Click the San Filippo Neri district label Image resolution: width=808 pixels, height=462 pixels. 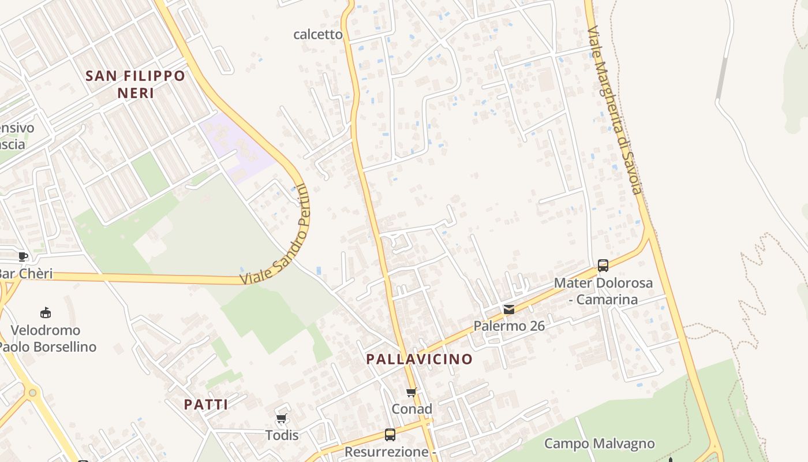136,84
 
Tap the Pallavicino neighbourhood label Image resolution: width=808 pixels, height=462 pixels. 419,359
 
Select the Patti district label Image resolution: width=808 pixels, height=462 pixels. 206,404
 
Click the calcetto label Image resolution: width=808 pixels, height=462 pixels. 318,34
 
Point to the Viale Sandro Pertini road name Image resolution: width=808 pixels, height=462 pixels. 275,234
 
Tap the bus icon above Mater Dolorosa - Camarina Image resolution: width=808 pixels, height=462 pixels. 603,266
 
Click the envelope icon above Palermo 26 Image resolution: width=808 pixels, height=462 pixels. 509,310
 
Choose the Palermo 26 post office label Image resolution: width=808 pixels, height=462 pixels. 509,326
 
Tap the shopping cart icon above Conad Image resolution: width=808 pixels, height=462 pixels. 412,393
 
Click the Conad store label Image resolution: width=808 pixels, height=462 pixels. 412,409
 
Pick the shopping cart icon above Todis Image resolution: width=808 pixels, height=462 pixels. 282,419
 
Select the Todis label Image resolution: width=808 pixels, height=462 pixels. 282,435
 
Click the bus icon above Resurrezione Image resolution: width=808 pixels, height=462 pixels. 390,434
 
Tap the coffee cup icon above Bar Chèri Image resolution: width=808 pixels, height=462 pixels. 23,256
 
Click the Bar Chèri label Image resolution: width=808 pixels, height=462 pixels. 26,273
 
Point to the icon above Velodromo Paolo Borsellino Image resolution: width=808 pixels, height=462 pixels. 46,313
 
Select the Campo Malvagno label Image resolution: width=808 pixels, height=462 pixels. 599,444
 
